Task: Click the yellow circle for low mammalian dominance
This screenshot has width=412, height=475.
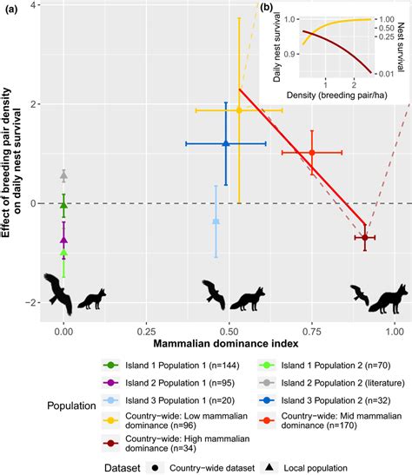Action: tap(239, 110)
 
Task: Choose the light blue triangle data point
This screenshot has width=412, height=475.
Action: tap(216, 221)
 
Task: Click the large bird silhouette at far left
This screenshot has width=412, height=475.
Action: tap(59, 291)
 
